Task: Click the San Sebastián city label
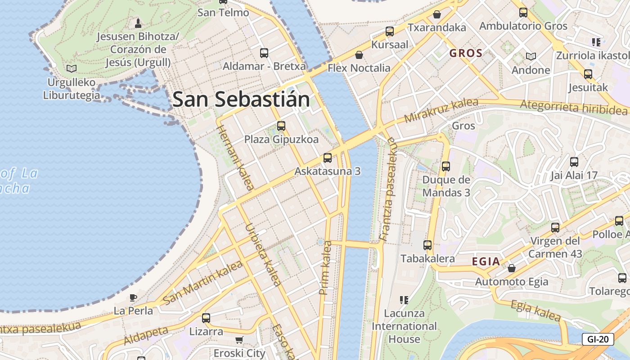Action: [x=241, y=99]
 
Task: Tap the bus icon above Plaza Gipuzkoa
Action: [x=281, y=126]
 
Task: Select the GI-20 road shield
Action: [x=598, y=339]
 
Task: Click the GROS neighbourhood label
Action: [x=466, y=53]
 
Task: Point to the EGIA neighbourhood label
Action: [x=486, y=261]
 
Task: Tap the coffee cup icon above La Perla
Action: [x=133, y=297]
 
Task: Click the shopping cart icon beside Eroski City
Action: [x=239, y=340]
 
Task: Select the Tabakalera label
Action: [x=427, y=259]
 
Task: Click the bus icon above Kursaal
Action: [x=390, y=31]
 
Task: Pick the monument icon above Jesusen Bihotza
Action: [x=138, y=22]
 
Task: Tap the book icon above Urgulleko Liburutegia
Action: [x=71, y=69]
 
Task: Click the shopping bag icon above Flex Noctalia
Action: [x=359, y=55]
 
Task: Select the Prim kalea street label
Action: [x=325, y=268]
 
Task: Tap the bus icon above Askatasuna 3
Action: [x=328, y=158]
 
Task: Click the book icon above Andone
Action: [x=531, y=57]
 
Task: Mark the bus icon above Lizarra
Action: [x=206, y=318]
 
